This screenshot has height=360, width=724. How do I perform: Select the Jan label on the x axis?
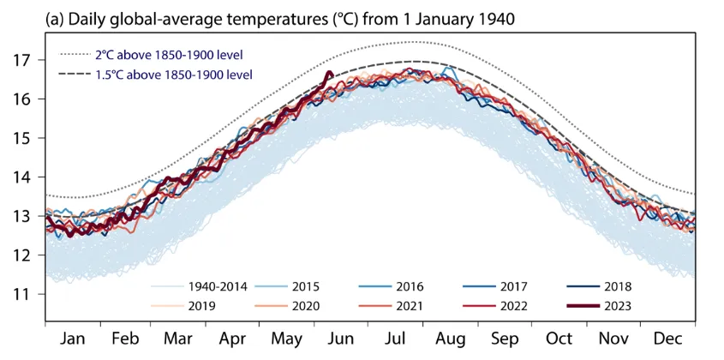pos(73,340)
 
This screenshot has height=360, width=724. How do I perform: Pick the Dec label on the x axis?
pos(668,340)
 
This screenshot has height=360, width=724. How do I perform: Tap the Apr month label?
pos(234,340)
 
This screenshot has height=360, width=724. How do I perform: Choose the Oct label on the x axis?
pos(560,340)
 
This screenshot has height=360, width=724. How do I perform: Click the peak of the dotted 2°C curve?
pos(414,42)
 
